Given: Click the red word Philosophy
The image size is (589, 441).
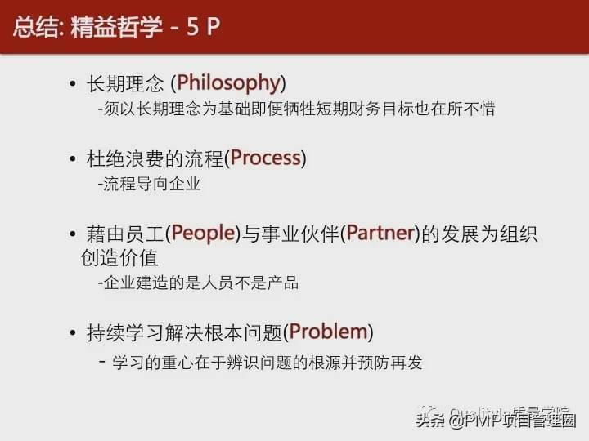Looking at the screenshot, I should pos(228,83).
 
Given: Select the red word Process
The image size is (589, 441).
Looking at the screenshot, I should pos(265,158).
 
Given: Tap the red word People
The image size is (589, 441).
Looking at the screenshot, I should pos(200,234).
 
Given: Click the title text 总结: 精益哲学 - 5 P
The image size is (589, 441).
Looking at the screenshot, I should pos(115,26).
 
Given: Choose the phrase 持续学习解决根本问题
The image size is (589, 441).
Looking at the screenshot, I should pos(184,332).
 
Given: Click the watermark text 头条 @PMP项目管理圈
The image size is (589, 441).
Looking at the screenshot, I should pos(497,421).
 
